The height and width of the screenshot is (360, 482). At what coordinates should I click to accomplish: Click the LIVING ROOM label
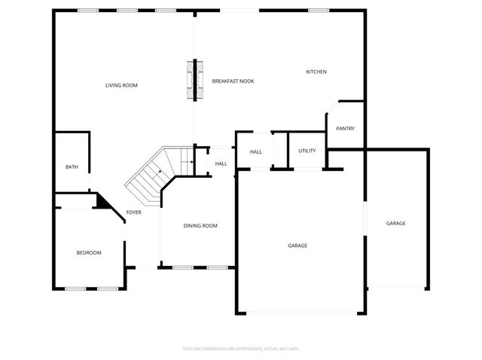tap(121, 85)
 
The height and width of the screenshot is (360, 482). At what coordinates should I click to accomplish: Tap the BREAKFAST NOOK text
tap(232, 81)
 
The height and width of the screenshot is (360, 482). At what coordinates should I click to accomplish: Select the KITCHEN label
tap(316, 72)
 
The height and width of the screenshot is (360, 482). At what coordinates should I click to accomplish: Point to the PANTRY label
tap(345, 128)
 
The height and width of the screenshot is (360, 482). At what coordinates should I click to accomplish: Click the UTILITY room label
tap(307, 151)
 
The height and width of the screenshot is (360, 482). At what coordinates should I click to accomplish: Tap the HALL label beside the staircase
tap(221, 163)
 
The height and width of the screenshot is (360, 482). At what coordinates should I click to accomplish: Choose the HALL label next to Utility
tap(255, 152)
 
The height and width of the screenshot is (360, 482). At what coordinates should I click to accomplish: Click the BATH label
tap(72, 167)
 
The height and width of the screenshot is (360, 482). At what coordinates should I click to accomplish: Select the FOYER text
tap(133, 212)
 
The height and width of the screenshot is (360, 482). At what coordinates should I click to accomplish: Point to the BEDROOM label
tap(89, 252)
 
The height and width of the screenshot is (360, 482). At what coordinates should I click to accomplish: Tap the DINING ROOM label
tap(200, 225)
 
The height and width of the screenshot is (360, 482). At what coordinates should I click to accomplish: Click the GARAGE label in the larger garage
tap(297, 246)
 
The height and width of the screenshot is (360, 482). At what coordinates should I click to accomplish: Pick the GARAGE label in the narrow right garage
tap(396, 223)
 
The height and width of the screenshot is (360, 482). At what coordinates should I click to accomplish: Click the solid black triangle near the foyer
tap(101, 201)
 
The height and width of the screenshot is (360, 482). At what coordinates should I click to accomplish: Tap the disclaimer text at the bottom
tap(241, 349)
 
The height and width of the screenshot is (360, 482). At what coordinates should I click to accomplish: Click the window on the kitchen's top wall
tap(319, 11)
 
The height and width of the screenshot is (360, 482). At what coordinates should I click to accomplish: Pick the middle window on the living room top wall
tap(127, 11)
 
